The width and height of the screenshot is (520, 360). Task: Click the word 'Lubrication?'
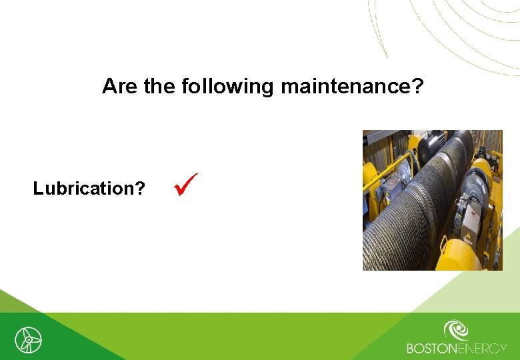pyautogui.click(x=89, y=189)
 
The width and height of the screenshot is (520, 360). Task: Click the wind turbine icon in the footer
pyautogui.click(x=28, y=340)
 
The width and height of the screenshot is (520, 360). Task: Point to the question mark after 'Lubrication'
pyautogui.click(x=140, y=189)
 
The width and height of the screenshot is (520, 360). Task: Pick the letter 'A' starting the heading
pyautogui.click(x=109, y=86)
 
